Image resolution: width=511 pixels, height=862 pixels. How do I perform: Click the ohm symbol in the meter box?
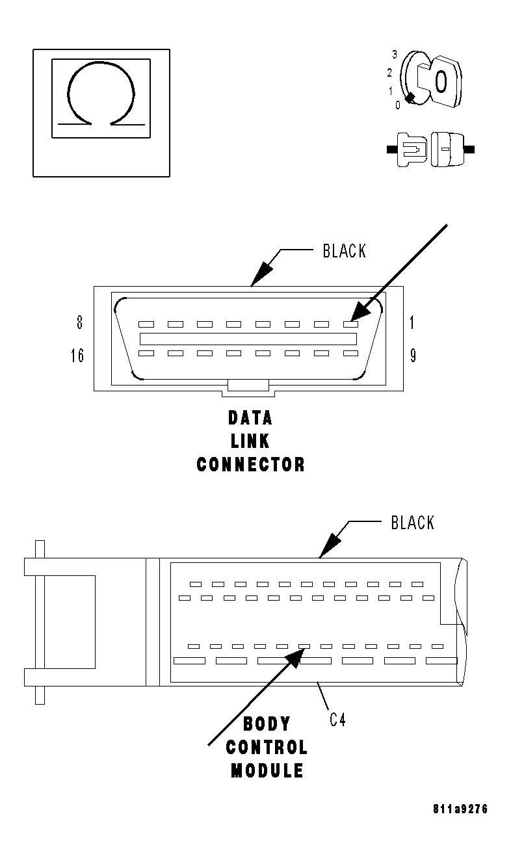(101, 94)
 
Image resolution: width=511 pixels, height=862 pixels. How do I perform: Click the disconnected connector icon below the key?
(431, 149)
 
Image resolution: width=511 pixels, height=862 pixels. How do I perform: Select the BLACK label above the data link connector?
(344, 251)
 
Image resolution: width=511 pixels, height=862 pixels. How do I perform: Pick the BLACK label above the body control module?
(412, 523)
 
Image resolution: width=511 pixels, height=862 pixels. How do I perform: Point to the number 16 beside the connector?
(77, 356)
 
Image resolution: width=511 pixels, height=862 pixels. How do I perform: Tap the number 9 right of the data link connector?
(412, 356)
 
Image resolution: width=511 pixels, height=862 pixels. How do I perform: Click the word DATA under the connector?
(250, 417)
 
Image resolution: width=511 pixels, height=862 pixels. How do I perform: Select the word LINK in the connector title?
(250, 441)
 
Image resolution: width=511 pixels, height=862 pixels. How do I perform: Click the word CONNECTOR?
(250, 465)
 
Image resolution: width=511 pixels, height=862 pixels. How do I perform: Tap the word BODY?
(267, 724)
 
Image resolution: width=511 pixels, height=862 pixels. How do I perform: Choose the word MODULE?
(267, 771)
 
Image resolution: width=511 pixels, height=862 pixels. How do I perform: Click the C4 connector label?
(337, 720)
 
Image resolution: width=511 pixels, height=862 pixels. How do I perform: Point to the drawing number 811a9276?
(460, 809)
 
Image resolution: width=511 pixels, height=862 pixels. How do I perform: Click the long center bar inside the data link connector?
(248, 339)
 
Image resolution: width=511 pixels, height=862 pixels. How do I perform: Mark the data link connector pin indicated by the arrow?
(350, 324)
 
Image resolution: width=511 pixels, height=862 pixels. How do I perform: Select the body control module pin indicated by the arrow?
(304, 646)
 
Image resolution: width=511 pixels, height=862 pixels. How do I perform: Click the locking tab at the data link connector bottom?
(248, 387)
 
